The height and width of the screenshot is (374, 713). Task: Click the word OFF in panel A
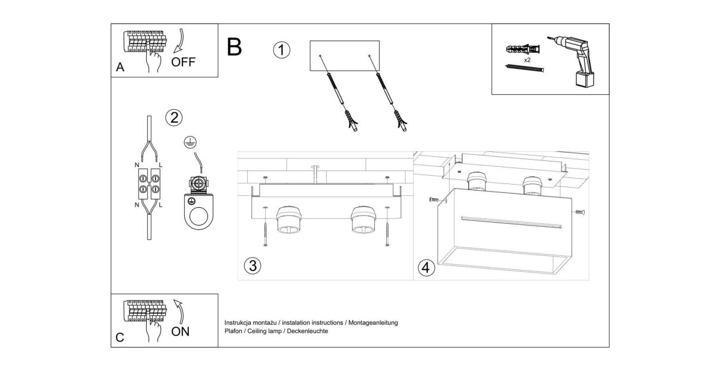coord(183,62)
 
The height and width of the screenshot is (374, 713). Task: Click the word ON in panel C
coord(181,332)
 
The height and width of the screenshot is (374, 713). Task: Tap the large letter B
coord(234,47)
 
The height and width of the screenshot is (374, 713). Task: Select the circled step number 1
coord(282,50)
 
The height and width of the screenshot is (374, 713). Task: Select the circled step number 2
coord(173,118)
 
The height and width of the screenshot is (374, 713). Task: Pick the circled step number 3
coord(253,266)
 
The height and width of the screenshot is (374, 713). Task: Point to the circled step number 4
coord(426,268)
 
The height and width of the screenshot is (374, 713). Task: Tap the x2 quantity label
coord(527,60)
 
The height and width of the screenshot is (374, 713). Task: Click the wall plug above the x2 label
coord(523,50)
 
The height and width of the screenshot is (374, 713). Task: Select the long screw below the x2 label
coord(525,68)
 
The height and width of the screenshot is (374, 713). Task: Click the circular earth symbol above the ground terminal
coord(190,142)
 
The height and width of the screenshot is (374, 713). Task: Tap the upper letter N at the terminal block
coord(137,165)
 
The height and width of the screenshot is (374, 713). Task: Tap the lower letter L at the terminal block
coord(160,205)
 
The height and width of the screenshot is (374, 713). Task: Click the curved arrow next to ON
coord(180,312)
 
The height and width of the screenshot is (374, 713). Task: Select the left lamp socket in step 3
coord(289,220)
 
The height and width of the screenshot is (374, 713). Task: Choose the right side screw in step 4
coord(580,213)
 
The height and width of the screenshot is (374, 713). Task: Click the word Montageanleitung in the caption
coord(373,323)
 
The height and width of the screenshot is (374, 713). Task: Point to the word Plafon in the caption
coord(234,331)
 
